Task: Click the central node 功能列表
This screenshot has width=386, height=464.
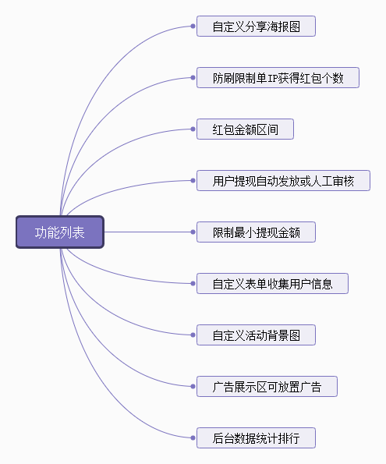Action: coord(60,232)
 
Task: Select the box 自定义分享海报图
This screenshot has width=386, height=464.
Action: coord(256,27)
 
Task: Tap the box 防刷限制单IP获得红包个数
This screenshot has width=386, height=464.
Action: coord(278,78)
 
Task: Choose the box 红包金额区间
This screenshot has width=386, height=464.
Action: coord(245,129)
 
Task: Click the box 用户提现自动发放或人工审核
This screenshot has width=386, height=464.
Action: coord(283,180)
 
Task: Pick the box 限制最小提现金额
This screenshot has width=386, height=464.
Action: coord(256,232)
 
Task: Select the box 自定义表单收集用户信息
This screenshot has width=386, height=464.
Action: coord(272,284)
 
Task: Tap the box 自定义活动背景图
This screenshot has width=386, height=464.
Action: coord(256,335)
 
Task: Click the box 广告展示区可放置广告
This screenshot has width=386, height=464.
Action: coord(267,387)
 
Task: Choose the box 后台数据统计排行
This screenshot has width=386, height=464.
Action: coord(256,438)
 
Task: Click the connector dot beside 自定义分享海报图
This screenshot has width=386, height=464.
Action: coord(193,27)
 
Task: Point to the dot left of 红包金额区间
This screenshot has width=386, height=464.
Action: coord(193,129)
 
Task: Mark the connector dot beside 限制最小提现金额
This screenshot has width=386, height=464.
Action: coord(193,232)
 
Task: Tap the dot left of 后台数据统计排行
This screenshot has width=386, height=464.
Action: coord(193,438)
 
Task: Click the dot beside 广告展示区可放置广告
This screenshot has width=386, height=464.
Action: coord(193,387)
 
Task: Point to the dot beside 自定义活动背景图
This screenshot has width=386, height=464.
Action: coord(193,335)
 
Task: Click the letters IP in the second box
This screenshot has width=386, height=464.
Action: coord(272,78)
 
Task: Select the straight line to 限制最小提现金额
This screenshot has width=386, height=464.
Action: coord(147,232)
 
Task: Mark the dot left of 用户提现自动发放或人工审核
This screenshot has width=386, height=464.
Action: coord(193,180)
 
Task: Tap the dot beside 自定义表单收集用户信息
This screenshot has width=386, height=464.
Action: coord(193,284)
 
